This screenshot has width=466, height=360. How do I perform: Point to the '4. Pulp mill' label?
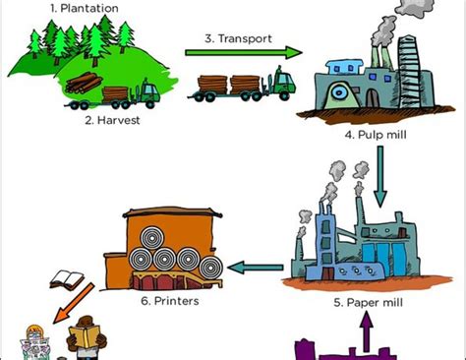(x=378, y=134)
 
